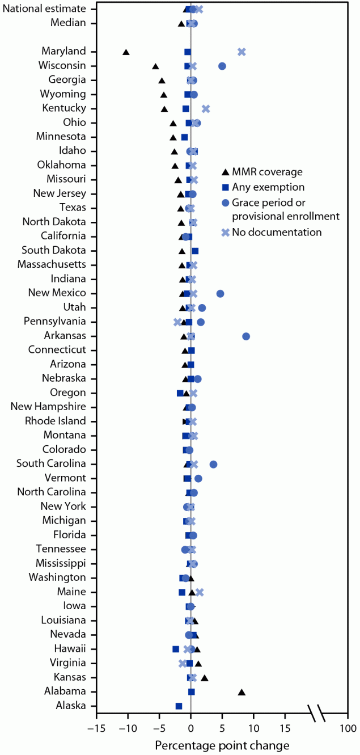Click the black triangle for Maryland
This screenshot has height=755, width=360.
[x=126, y=52]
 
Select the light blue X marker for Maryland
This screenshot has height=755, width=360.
[x=242, y=52]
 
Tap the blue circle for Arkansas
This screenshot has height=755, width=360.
[x=246, y=336]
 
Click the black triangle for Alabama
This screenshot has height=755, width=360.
[x=242, y=691]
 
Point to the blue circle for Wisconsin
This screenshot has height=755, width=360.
[x=222, y=66]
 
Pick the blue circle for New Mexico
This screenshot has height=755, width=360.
[x=220, y=293]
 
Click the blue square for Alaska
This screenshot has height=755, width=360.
[x=179, y=706]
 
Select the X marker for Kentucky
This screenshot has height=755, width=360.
[x=206, y=109]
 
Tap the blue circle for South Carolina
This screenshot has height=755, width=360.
[x=213, y=464]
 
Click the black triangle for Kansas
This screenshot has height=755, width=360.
[x=205, y=677]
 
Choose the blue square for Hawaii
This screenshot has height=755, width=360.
[x=176, y=649]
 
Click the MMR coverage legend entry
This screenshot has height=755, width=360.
[x=269, y=172]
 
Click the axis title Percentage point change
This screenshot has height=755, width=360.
[x=222, y=745]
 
